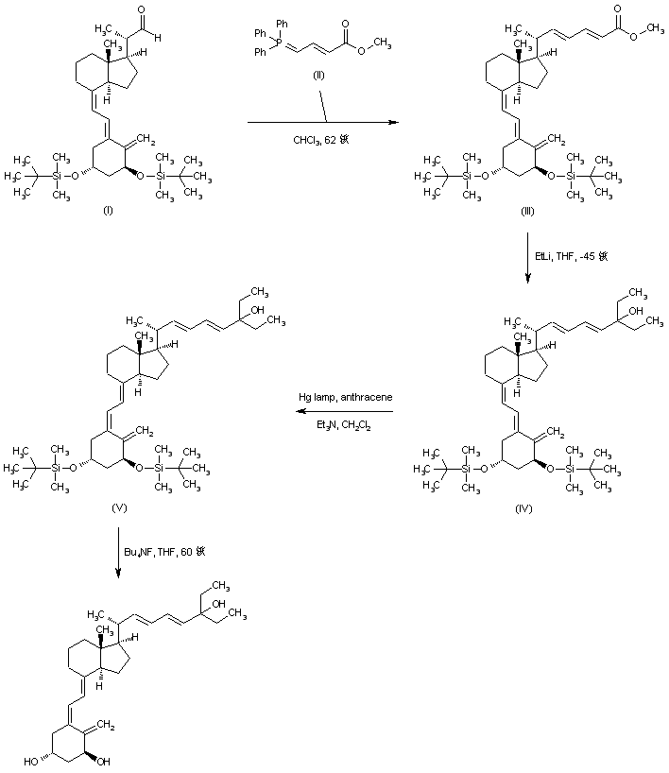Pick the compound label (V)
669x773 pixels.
click(x=119, y=507)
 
